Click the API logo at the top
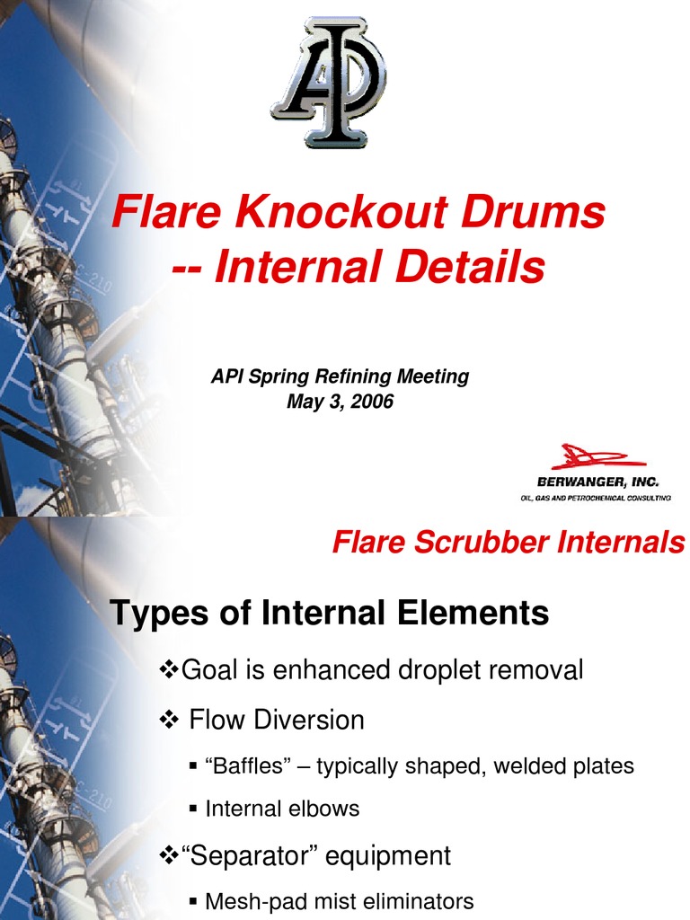pos(328,81)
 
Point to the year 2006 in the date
pos(372,402)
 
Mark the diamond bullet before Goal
pos(169,668)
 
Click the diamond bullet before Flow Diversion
pos(169,720)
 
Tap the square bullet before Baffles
pos(193,766)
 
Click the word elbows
pos(326,809)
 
